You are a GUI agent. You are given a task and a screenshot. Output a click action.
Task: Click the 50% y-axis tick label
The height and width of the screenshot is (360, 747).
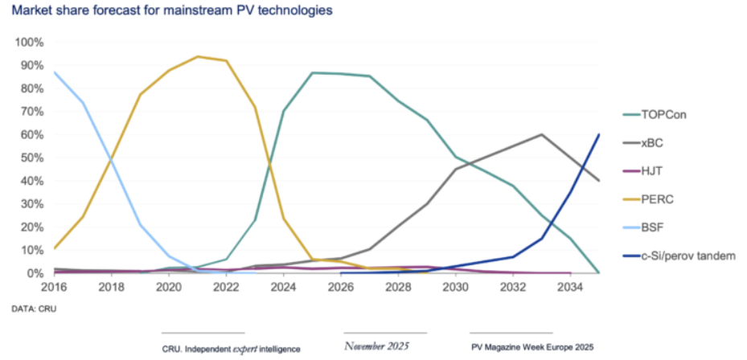(x=32, y=158)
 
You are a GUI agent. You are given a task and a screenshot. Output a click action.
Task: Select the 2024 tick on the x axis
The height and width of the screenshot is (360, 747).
(x=283, y=286)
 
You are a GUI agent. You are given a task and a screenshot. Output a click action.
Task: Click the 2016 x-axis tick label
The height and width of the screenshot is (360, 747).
(x=54, y=286)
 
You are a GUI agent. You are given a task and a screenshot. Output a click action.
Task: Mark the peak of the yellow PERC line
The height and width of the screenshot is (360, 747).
(x=197, y=57)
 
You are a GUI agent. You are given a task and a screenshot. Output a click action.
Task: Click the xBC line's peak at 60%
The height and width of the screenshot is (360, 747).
(x=541, y=135)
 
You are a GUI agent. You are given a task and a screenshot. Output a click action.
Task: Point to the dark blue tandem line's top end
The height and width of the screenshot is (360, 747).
(x=598, y=135)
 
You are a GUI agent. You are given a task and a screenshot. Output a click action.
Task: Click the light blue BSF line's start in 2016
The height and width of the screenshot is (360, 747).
(x=55, y=72)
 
